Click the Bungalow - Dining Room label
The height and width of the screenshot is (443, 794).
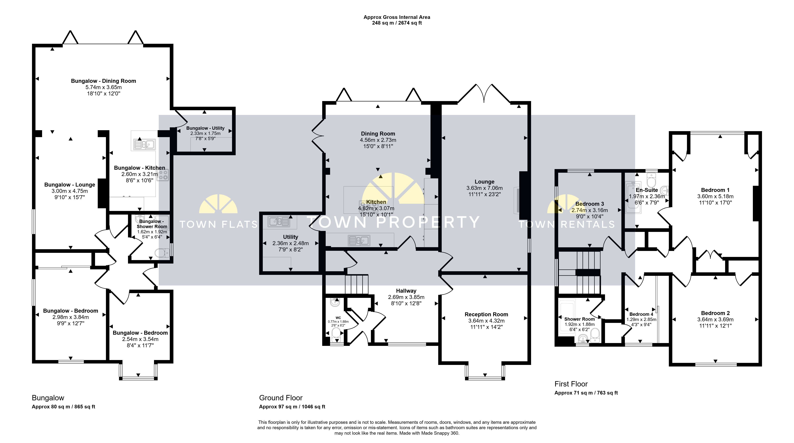[104, 81]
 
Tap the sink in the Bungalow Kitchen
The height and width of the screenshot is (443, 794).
[144, 144]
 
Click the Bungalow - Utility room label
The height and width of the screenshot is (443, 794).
[205, 128]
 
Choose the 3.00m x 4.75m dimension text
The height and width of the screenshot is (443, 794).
[70, 191]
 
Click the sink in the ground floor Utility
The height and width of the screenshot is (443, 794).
[279, 221]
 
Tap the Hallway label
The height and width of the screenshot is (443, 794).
[406, 291]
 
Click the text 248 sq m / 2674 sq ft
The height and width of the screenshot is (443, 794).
[397, 23]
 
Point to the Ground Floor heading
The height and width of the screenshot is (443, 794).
[281, 398]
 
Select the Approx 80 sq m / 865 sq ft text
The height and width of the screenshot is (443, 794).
[64, 407]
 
